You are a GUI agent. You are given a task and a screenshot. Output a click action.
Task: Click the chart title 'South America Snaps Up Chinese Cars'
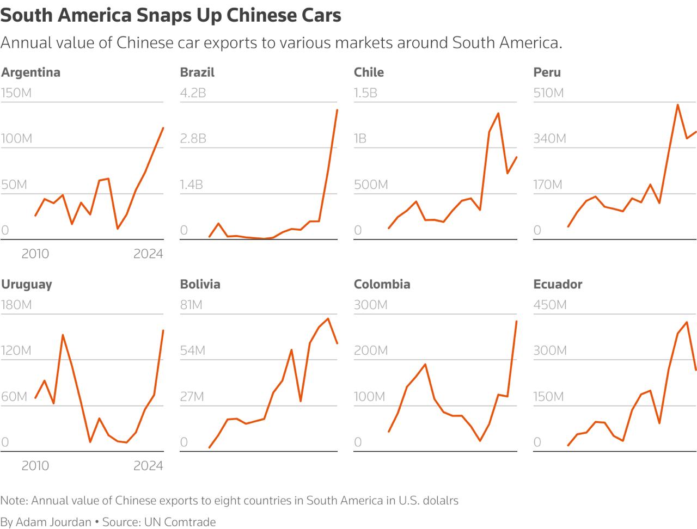click(x=170, y=15)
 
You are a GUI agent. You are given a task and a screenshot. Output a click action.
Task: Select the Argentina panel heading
click(x=30, y=72)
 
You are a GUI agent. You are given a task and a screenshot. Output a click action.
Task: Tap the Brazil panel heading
click(x=197, y=72)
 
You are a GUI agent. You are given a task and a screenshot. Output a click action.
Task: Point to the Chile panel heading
click(x=369, y=72)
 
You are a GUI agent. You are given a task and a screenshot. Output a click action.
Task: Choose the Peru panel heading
click(x=547, y=72)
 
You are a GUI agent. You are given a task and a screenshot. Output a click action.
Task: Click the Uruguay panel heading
click(x=27, y=284)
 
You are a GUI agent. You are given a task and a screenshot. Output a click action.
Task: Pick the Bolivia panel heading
click(x=200, y=284)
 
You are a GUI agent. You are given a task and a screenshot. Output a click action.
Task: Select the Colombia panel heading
click(x=382, y=284)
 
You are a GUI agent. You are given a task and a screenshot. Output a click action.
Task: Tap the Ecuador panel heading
click(x=558, y=284)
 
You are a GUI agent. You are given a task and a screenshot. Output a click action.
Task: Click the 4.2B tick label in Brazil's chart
click(x=193, y=93)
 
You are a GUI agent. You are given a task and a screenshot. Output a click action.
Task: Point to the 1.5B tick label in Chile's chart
click(x=365, y=93)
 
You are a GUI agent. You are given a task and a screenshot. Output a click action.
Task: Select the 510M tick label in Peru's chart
click(x=548, y=93)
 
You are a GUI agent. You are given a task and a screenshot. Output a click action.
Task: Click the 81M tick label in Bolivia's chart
click(x=191, y=305)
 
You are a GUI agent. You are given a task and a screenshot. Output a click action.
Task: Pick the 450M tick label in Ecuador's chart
click(x=549, y=305)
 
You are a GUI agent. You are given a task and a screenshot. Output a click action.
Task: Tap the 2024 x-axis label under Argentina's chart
click(x=148, y=254)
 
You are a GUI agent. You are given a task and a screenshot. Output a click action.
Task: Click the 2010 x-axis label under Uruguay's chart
click(x=35, y=466)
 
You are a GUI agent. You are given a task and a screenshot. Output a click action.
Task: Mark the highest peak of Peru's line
click(x=677, y=104)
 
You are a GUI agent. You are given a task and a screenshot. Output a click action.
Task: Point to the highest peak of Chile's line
click(x=498, y=113)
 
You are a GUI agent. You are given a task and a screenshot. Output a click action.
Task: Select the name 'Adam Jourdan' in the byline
click(x=53, y=522)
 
